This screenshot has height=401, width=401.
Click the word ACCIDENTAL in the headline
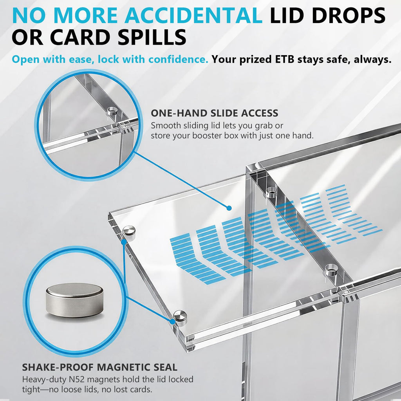(x=193, y=15)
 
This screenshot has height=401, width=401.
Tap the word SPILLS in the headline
(x=152, y=37)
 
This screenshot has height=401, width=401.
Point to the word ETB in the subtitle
(x=284, y=60)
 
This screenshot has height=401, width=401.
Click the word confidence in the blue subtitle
(x=178, y=60)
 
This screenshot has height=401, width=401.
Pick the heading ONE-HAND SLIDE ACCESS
(x=214, y=113)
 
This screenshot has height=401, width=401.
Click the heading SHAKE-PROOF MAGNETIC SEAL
(x=99, y=367)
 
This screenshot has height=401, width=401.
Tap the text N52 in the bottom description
(x=76, y=379)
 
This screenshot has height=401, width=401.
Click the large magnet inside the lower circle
(x=74, y=300)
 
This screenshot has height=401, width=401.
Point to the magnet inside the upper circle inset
(x=112, y=111)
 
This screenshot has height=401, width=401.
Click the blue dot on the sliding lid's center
(x=229, y=208)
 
